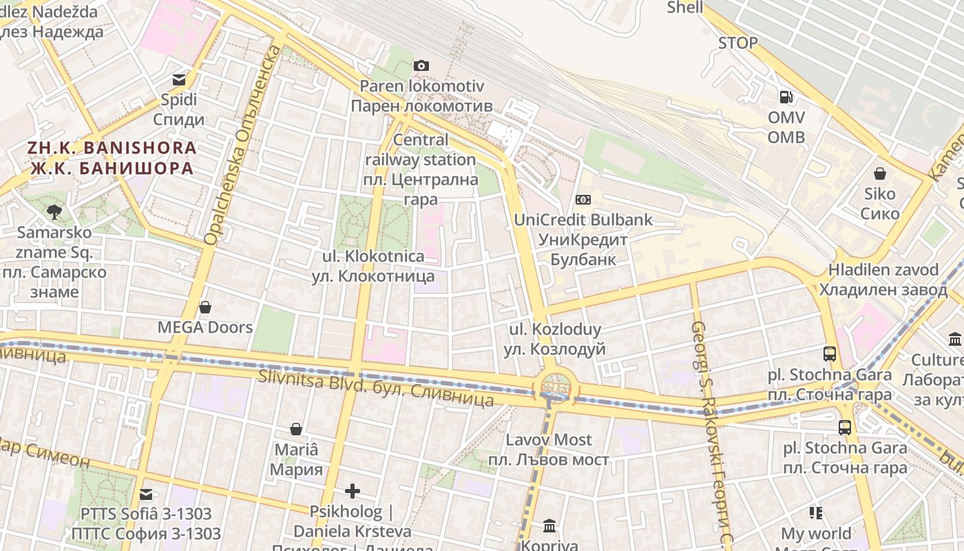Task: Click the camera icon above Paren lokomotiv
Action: pos(421,66)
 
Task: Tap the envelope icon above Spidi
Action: pos(179,80)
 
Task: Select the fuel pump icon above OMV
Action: pos(786,97)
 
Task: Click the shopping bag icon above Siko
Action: pos(879,174)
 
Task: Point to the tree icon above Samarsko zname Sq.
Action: pos(54,212)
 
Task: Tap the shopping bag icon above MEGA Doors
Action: pos(205,307)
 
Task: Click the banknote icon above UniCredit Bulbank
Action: pos(583,200)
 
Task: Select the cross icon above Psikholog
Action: pos(352,491)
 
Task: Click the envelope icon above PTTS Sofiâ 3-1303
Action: pos(146,494)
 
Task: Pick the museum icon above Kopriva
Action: pos(549,526)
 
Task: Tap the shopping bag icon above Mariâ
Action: pos(296,430)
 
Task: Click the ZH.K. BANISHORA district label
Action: pos(112,158)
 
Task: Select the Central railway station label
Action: pos(421,169)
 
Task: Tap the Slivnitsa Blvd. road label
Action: pos(375,387)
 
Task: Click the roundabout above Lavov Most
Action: pos(556,386)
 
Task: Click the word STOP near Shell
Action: pos(737,43)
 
